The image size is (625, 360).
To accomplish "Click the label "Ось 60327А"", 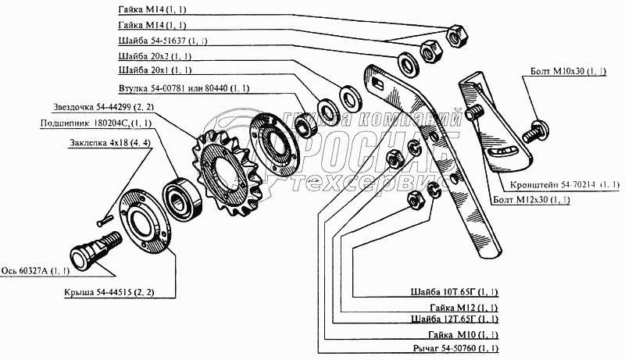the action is (35, 271).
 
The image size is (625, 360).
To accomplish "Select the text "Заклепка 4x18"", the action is (110, 143).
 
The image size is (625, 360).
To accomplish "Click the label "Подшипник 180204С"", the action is (95, 123).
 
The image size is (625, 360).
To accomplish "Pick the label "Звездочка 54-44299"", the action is (103, 107).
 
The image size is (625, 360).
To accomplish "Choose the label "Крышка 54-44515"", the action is (109, 292).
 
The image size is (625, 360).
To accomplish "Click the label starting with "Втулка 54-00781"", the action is (184, 88).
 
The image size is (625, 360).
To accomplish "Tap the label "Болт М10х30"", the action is (568, 71).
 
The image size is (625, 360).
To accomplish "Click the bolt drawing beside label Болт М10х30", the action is (535, 130).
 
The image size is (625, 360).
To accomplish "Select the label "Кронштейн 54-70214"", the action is (565, 184).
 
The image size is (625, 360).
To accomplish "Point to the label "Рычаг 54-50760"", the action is (455, 348).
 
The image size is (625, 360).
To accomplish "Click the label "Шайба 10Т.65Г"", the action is (454, 292).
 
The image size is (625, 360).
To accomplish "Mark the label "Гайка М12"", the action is (464, 308).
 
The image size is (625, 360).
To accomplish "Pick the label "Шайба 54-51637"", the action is (162, 41).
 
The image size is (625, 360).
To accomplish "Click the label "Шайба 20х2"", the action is (155, 56).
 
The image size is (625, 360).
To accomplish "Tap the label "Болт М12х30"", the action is (531, 199).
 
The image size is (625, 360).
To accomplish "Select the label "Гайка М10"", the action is (463, 334).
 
